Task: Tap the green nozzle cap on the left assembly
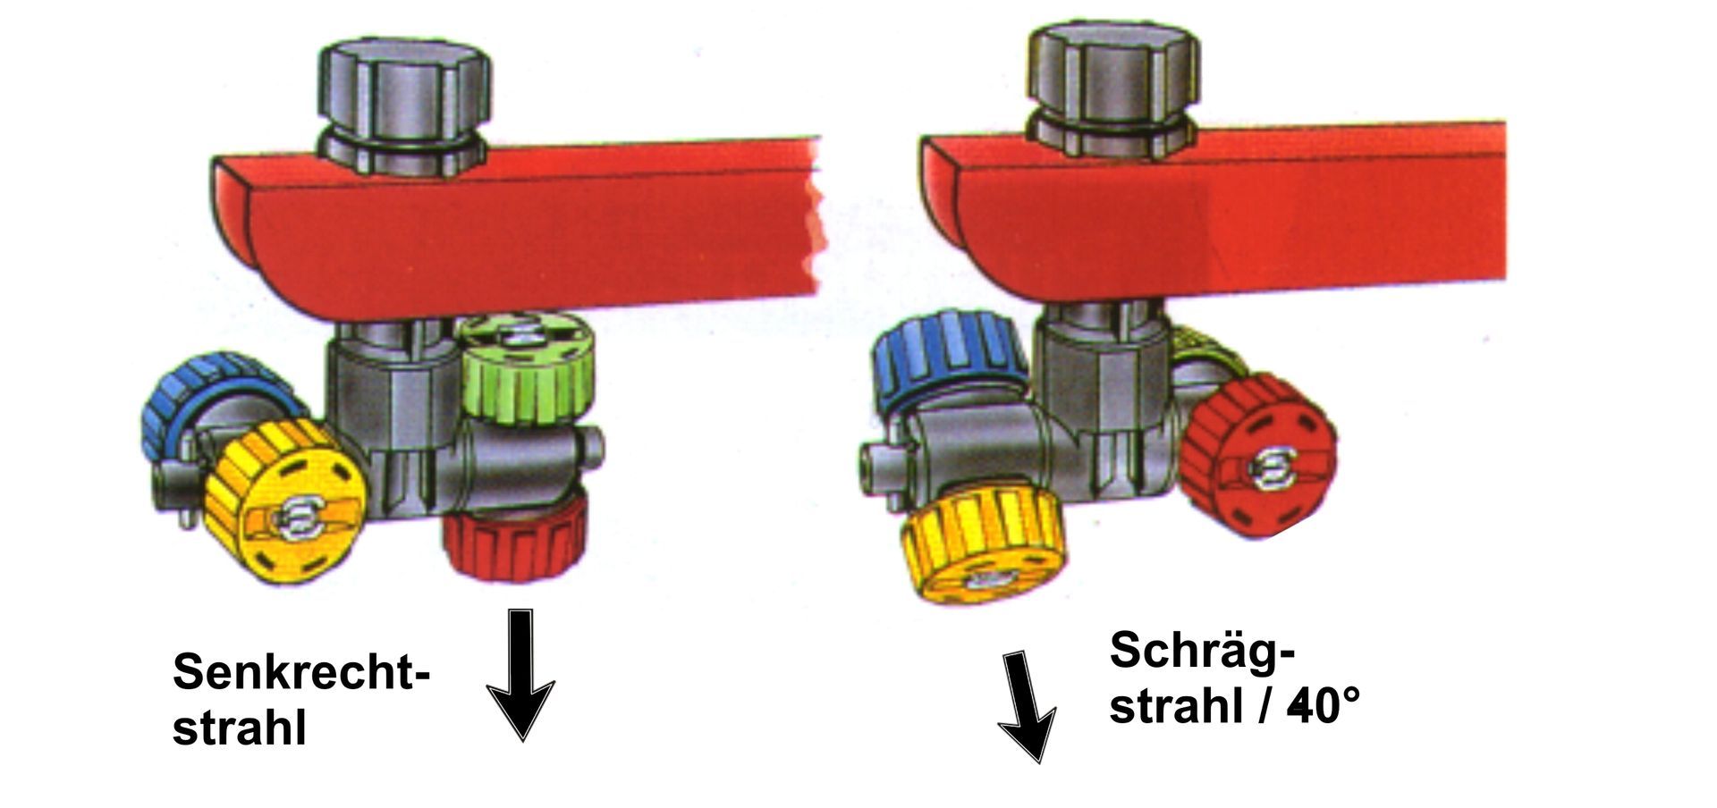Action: point(527,368)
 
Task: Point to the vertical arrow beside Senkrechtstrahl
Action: point(520,675)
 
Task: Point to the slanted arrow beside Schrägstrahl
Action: point(1028,707)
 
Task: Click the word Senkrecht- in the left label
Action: point(301,670)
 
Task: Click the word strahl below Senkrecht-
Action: point(240,728)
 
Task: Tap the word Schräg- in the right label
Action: point(1202,651)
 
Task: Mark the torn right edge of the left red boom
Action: point(816,216)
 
